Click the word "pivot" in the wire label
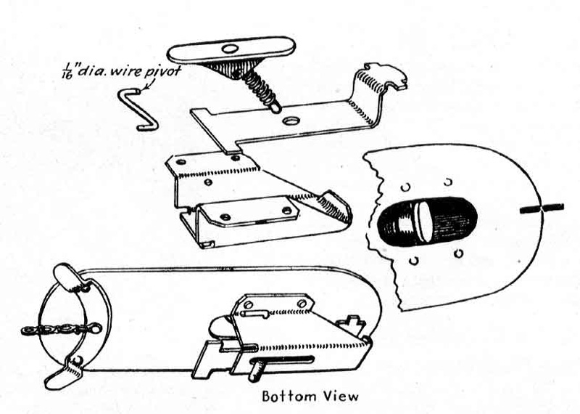(x=162, y=70)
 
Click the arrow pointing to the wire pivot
(x=147, y=84)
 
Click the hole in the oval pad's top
(x=231, y=49)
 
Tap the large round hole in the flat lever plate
(x=292, y=121)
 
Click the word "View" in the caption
(x=341, y=396)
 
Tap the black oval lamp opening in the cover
(x=426, y=222)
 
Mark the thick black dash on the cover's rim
(x=542, y=208)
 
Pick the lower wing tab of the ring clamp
(x=64, y=372)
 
